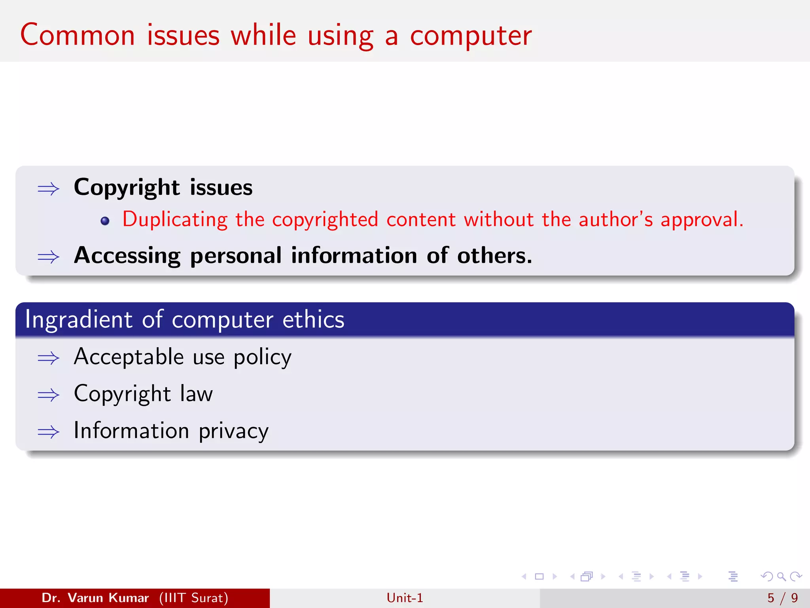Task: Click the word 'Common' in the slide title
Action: [x=78, y=36]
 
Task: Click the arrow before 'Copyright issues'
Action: [x=48, y=189]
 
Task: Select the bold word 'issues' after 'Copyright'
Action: [x=221, y=188]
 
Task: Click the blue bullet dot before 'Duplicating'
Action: [x=105, y=221]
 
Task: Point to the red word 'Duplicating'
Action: [x=175, y=220]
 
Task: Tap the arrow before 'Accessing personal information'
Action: [x=48, y=257]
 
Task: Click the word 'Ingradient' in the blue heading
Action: [x=78, y=320]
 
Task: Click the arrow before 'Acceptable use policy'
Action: [x=48, y=359]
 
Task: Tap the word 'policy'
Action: [x=263, y=358]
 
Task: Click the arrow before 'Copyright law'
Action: [x=48, y=395]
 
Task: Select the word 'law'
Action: [x=196, y=394]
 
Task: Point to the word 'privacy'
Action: [x=233, y=431]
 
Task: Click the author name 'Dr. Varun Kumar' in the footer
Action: [x=95, y=598]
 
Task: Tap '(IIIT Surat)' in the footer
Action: [x=194, y=598]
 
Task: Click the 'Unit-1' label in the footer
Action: [x=405, y=598]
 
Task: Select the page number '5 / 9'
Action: [x=782, y=598]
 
